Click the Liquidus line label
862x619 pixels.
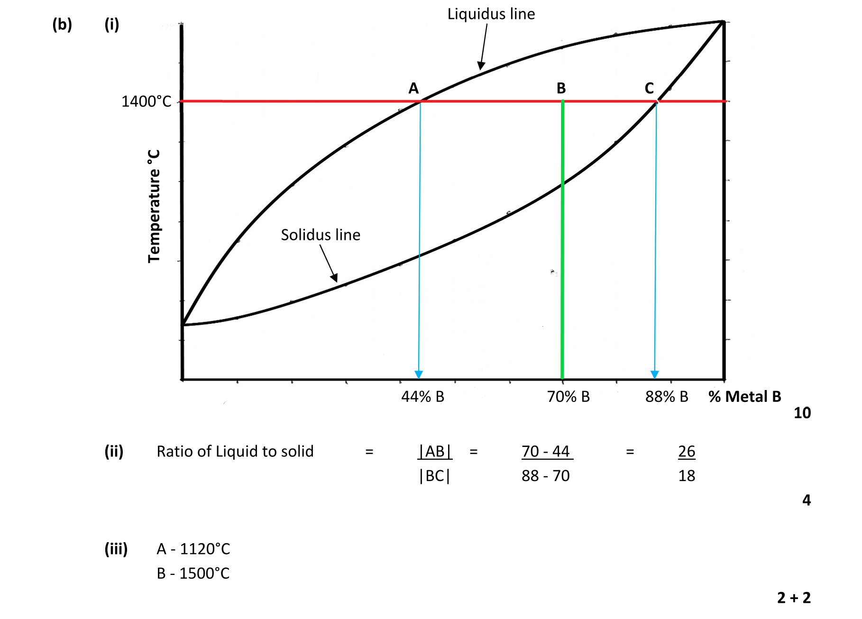coord(491,14)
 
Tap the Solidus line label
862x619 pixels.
coord(321,235)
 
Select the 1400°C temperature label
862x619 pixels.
coord(146,101)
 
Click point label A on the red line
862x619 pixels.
coord(413,88)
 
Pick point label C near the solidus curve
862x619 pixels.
coord(649,88)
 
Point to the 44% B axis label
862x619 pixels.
coord(422,397)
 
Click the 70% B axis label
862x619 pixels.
coord(568,397)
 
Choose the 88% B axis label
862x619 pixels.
coord(666,397)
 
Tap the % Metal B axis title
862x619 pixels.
coord(744,397)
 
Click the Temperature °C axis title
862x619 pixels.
coord(154,206)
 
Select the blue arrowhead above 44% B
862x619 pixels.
coord(418,374)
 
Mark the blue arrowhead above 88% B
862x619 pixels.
coord(654,374)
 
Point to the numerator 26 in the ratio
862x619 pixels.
coord(687,451)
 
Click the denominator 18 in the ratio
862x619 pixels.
coord(687,475)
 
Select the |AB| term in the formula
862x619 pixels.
coord(435,451)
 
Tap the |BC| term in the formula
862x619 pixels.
coord(435,475)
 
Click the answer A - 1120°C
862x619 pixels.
coord(193,549)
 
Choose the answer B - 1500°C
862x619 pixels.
coord(193,573)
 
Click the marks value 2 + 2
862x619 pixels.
coord(794,598)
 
